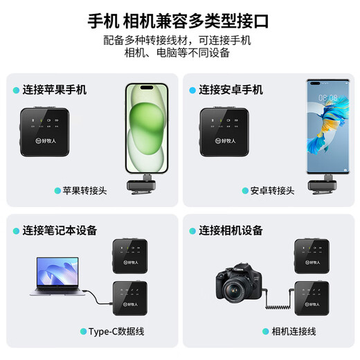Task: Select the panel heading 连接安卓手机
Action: (x=231, y=90)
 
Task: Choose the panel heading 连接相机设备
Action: (x=231, y=231)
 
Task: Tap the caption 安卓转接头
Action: (x=272, y=190)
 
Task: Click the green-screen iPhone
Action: (x=145, y=129)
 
